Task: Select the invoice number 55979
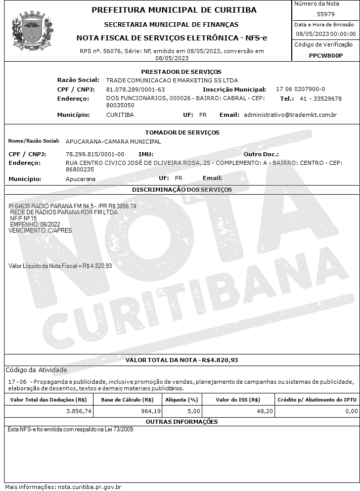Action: pyautogui.click(x=326, y=14)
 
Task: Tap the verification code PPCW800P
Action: pyautogui.click(x=326, y=56)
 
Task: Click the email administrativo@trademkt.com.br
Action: pyautogui.click(x=290, y=115)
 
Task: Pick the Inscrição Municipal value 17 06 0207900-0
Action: pyautogui.click(x=300, y=89)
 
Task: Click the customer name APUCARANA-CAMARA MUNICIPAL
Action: pyautogui.click(x=113, y=142)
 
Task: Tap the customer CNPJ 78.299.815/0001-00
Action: pyautogui.click(x=95, y=154)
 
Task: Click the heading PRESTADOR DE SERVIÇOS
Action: pyautogui.click(x=181, y=72)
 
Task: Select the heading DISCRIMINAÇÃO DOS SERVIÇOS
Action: pyautogui.click(x=182, y=190)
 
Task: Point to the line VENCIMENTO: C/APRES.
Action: pyautogui.click(x=40, y=230)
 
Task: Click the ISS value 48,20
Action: pyautogui.click(x=265, y=412)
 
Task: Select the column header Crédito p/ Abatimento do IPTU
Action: pyautogui.click(x=317, y=399)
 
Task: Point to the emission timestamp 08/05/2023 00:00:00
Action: pyautogui.click(x=326, y=34)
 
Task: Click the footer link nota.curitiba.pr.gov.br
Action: pyautogui.click(x=89, y=487)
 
